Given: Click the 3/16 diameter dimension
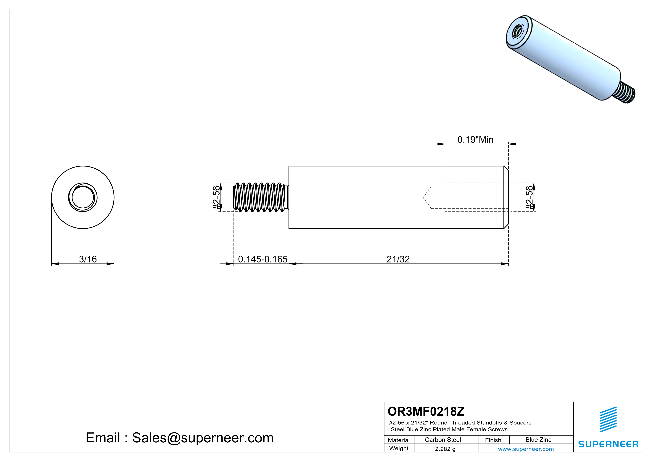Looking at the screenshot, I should [x=88, y=259].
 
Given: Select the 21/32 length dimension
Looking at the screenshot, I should [x=398, y=259].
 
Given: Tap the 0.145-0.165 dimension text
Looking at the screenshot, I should [x=262, y=259].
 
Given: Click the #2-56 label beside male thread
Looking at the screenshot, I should [x=216, y=198].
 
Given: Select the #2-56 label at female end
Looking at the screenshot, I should [x=529, y=198].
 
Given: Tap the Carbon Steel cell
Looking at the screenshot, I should [x=443, y=440].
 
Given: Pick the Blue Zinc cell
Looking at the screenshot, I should [x=538, y=440].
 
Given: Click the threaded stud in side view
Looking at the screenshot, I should [x=260, y=197].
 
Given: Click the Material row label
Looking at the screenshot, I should [x=399, y=440].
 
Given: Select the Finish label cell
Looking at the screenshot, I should [x=493, y=440].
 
